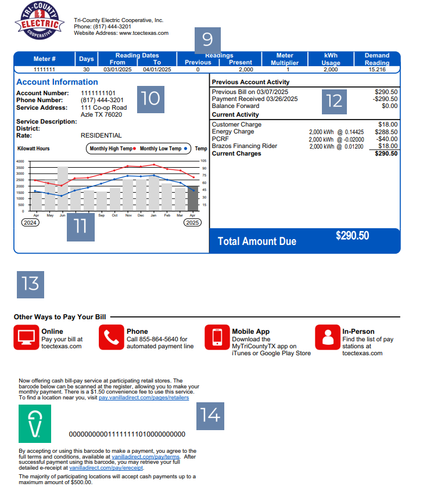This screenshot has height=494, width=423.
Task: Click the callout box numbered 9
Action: point(207,39)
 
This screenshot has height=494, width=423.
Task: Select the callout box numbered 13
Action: point(30,283)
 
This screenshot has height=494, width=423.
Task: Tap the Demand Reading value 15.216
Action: point(377,70)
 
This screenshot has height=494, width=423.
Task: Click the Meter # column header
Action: point(45,59)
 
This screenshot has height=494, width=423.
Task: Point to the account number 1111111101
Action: point(98,93)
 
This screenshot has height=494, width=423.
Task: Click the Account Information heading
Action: point(57,82)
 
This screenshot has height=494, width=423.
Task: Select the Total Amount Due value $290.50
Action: point(352,236)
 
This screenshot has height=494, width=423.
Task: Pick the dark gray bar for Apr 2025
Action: point(192,198)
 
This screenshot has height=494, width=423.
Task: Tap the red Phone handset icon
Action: point(111,337)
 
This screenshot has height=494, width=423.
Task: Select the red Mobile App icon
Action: point(217,337)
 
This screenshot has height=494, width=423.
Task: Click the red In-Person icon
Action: point(328,337)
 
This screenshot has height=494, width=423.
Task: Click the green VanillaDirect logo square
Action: point(35,424)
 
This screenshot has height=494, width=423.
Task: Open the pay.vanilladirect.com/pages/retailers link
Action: point(144,398)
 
